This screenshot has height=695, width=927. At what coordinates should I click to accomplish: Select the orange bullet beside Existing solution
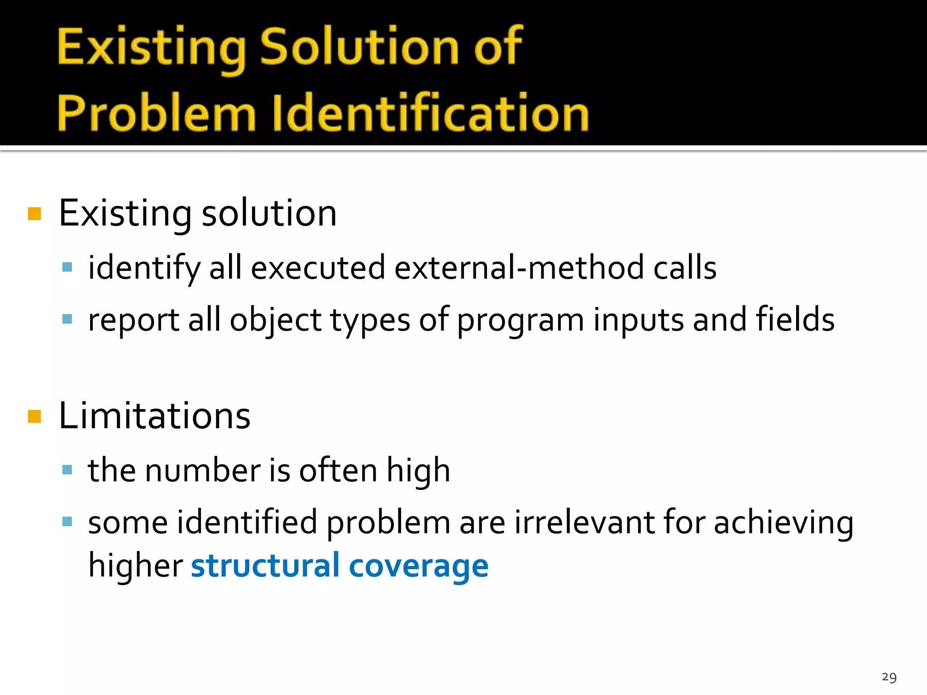coord(34,214)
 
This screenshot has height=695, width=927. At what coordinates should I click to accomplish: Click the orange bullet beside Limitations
coord(34,416)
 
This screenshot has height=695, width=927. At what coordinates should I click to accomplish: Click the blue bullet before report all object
coord(67,319)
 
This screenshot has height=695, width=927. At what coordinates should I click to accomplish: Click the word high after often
coord(418,471)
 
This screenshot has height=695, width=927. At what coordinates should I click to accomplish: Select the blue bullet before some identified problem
coord(67,522)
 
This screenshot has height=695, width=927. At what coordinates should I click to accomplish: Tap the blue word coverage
coord(419,567)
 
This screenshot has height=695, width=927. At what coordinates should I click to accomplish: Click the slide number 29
coord(889,677)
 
